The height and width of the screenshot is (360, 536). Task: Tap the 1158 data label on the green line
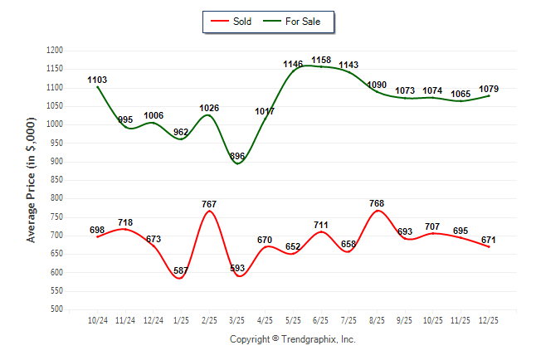[x=321, y=61]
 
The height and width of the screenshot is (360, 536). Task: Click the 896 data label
[x=237, y=157]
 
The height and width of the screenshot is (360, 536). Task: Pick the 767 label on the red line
[x=209, y=203]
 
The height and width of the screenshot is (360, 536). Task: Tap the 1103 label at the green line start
[x=97, y=80]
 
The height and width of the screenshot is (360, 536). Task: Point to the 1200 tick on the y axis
[x=56, y=51]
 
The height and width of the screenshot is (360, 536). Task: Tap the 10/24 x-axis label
[x=97, y=320]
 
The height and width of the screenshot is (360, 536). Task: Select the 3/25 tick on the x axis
[x=237, y=320]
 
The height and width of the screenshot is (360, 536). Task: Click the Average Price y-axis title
[x=32, y=180]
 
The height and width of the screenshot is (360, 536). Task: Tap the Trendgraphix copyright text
[x=292, y=339]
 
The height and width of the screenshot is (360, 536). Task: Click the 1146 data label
[x=293, y=65]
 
